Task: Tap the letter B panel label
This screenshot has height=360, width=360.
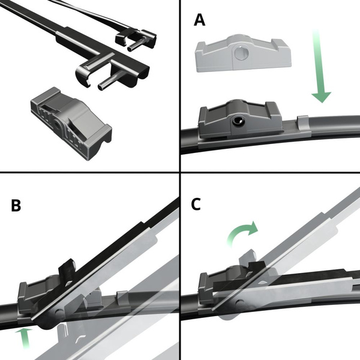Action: [x=16, y=206]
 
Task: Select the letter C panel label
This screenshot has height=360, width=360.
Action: [x=196, y=204]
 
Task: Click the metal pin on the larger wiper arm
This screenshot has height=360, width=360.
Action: [x=109, y=82]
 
